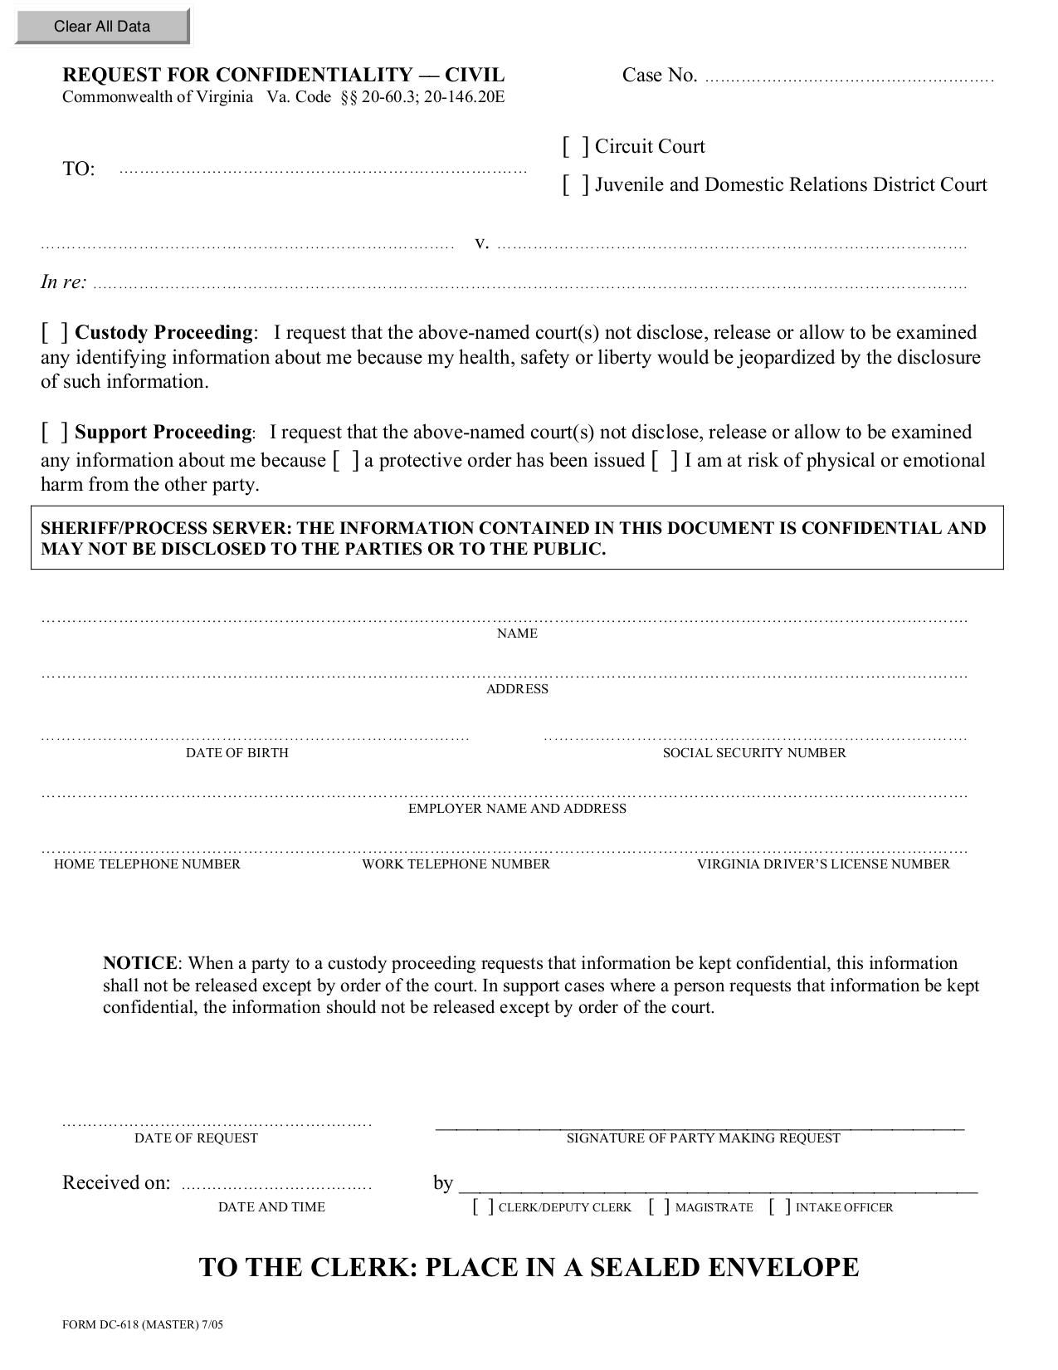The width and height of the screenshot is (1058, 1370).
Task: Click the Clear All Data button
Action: (102, 27)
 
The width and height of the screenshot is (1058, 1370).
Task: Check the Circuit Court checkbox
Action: (575, 147)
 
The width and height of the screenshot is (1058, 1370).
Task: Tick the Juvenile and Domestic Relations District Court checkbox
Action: (575, 184)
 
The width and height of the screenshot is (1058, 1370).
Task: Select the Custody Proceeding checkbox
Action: (55, 332)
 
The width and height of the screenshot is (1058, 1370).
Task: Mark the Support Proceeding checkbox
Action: (55, 432)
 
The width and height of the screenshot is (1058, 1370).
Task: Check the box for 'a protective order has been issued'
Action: (346, 460)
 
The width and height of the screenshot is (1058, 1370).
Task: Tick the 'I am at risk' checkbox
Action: (665, 460)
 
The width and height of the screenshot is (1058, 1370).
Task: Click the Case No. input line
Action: (848, 77)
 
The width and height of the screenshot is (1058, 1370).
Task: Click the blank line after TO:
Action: (323, 169)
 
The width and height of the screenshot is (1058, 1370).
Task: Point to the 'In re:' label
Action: (63, 282)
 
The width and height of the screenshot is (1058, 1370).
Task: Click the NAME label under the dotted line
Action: (517, 634)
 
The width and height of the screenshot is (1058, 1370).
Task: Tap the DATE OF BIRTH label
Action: (237, 753)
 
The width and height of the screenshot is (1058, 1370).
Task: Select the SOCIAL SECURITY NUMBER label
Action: (753, 753)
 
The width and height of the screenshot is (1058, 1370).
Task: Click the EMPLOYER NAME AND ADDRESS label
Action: (517, 809)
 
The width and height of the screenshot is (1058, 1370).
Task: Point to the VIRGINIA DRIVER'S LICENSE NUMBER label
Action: (822, 864)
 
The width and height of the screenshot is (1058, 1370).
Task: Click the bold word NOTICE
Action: (139, 963)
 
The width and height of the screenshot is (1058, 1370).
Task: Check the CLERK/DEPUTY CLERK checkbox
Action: (483, 1206)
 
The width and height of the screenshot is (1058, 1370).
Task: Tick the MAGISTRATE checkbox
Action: (660, 1206)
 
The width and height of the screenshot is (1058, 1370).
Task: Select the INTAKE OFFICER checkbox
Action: (780, 1206)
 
